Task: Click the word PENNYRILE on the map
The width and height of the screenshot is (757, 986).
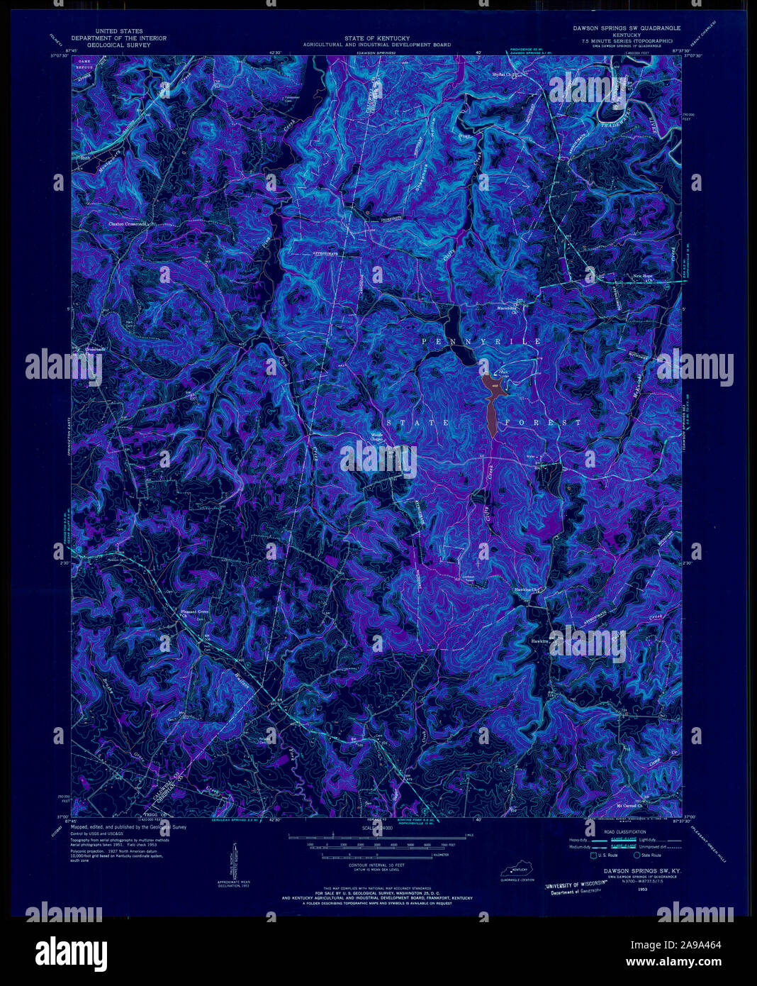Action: click(x=481, y=342)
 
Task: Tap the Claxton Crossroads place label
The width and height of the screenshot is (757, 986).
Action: click(x=128, y=223)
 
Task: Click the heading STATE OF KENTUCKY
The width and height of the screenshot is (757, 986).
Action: click(x=376, y=38)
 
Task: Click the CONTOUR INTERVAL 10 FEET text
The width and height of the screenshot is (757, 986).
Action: click(x=376, y=866)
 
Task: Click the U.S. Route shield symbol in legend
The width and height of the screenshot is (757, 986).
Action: click(x=593, y=856)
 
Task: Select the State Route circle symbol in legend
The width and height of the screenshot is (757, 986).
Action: click(x=637, y=856)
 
